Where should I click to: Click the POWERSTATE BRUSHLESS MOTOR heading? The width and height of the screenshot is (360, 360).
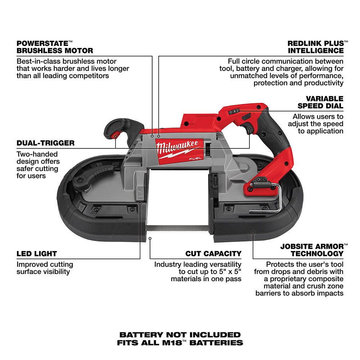(x=55, y=46)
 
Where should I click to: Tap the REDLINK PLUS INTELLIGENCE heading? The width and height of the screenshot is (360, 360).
(x=315, y=46)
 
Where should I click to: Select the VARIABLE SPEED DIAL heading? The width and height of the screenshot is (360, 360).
(x=320, y=102)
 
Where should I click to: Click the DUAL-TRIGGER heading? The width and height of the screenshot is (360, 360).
(x=45, y=143)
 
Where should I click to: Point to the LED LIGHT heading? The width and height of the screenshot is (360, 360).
(x=37, y=253)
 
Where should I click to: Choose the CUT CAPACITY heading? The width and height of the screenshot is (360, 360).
(x=213, y=253)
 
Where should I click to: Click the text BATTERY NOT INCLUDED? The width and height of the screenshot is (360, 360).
(x=180, y=335)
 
